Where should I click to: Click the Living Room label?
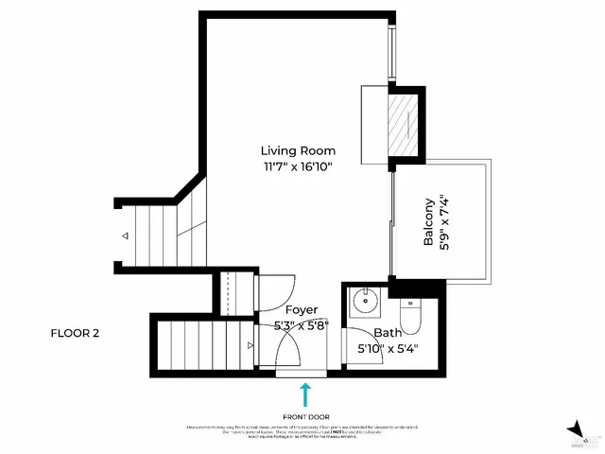(x=298, y=150)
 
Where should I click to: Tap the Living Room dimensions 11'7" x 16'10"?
(x=298, y=166)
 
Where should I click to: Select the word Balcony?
(x=429, y=221)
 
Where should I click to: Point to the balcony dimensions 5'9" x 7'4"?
(x=445, y=221)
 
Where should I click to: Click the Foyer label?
(x=302, y=309)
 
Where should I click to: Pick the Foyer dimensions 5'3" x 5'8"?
(x=302, y=325)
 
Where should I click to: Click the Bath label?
(x=388, y=333)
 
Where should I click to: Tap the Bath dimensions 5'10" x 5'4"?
(x=388, y=348)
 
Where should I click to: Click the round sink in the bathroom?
(x=363, y=306)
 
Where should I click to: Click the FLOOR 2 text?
(x=75, y=333)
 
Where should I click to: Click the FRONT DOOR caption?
(x=305, y=416)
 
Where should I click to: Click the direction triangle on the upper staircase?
(x=124, y=236)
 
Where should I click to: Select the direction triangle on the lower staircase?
(x=251, y=347)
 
